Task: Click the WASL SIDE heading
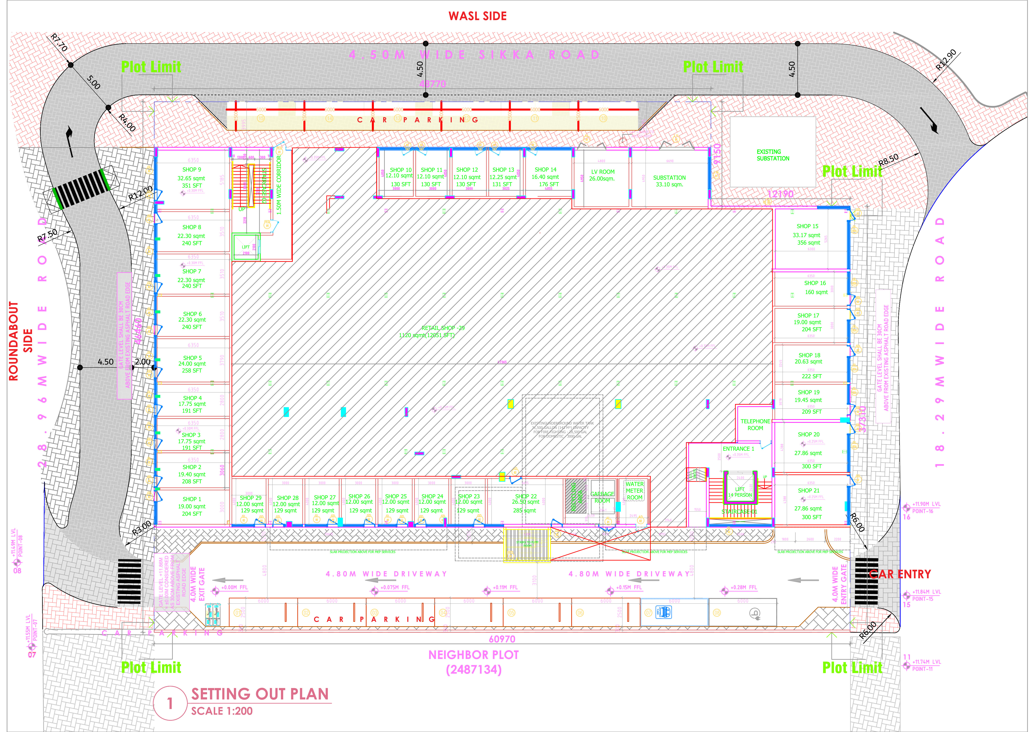tap(477, 16)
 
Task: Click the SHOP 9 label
tap(192, 170)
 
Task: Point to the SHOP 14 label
tap(546, 170)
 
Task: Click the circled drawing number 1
tap(170, 703)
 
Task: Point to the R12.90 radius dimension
tap(945, 59)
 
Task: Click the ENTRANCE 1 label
tap(738, 449)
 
